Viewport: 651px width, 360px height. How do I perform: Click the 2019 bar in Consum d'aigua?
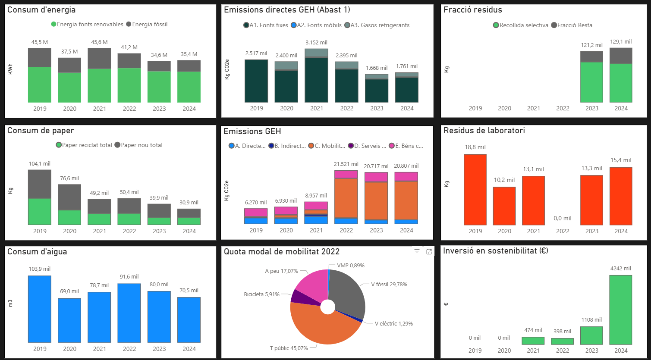(40, 309)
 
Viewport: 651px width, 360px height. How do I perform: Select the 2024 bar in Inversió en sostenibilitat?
(621, 310)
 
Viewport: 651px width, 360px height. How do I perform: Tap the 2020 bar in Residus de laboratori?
(504, 206)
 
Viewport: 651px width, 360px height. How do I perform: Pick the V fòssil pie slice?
(347, 293)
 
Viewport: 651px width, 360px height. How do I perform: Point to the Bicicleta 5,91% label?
(261, 294)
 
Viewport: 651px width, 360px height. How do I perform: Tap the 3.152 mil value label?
(316, 42)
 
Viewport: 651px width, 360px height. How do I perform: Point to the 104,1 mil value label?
(40, 163)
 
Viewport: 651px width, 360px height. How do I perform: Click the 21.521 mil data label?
(346, 164)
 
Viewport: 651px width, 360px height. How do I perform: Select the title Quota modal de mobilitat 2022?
(282, 251)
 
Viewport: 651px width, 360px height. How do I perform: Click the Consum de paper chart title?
(41, 131)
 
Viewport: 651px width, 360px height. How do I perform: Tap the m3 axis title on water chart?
(10, 303)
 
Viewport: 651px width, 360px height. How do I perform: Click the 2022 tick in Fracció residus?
(563, 108)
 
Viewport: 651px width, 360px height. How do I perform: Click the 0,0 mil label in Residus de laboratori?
(563, 218)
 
